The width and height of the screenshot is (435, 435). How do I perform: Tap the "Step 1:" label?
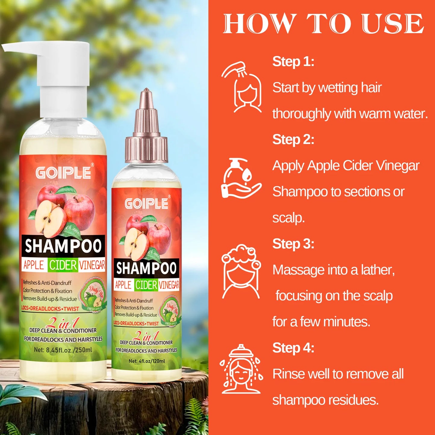tap(293, 61)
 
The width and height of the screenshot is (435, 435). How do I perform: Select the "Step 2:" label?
tap(293, 139)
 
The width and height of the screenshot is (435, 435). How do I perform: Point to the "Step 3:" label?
tap(293, 244)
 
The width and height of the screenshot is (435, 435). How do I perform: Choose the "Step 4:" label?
tap(293, 348)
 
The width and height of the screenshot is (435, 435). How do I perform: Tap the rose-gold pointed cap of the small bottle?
tap(146, 126)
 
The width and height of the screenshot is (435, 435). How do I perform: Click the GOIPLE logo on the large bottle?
tap(64, 173)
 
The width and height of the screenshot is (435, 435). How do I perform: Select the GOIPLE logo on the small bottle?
tap(147, 204)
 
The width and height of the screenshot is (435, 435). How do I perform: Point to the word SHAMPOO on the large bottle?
tap(63, 246)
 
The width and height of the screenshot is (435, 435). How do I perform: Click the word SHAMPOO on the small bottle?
tap(146, 268)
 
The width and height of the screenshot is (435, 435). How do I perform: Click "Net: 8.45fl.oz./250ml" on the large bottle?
tap(63, 350)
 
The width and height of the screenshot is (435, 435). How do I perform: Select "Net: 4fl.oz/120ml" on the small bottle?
tap(147, 361)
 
